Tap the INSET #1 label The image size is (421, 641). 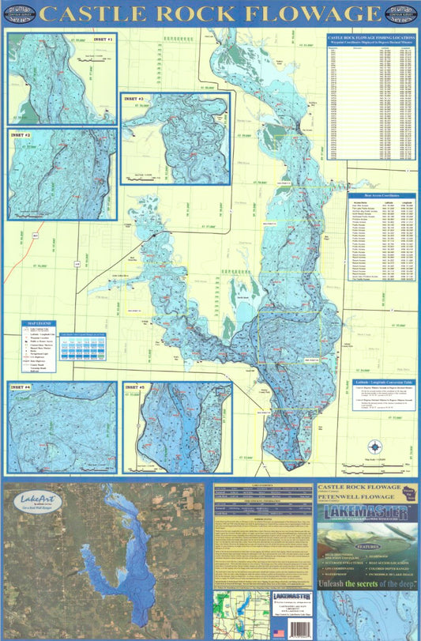coord(103,38)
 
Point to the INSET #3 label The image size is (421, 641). coord(134,99)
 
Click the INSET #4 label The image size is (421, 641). coord(21,387)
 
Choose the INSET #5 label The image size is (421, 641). coord(136,388)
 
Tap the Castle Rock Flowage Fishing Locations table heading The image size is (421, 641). coord(369,37)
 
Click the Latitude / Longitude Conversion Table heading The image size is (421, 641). coord(376,382)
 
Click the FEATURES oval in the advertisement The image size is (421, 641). coord(367,545)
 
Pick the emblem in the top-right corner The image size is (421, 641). coord(400,14)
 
